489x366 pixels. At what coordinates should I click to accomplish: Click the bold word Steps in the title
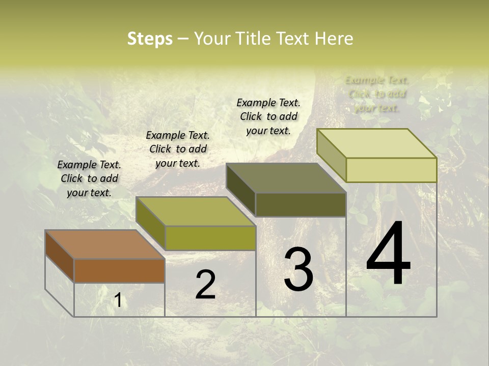click(x=150, y=39)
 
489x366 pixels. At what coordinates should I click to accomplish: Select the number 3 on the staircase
click(x=298, y=269)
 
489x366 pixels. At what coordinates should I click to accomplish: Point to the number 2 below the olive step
click(x=205, y=284)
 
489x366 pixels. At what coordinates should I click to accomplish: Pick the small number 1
click(x=118, y=300)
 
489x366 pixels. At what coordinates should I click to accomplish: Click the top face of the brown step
click(x=105, y=245)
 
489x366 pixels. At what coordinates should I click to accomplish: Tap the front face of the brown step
click(x=119, y=270)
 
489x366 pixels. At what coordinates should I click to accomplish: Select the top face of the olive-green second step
click(x=196, y=211)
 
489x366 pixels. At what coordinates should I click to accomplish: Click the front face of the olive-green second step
click(x=210, y=238)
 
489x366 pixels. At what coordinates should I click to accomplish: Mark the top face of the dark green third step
click(x=286, y=178)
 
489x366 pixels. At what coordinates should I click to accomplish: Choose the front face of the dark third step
click(x=301, y=204)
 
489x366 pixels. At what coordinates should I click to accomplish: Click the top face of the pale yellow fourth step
click(x=376, y=143)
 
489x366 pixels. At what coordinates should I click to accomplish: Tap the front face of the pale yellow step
click(x=391, y=170)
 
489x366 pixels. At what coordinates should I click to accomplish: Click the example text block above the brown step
click(x=89, y=178)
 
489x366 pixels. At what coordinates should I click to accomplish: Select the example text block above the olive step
click(x=178, y=149)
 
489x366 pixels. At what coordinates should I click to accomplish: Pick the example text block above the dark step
click(x=268, y=116)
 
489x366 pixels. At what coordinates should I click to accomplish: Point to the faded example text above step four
click(x=377, y=94)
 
